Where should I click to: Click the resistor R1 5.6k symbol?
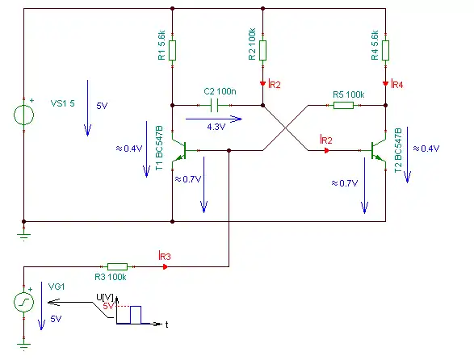click(x=172, y=51)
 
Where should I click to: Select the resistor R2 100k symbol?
click(x=262, y=51)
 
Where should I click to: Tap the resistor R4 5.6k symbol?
click(x=385, y=51)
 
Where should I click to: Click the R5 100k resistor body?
click(x=343, y=105)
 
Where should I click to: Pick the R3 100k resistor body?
click(x=117, y=266)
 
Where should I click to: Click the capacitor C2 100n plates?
click(x=214, y=106)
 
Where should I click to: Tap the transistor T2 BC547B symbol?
click(x=378, y=150)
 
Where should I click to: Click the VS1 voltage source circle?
click(x=24, y=115)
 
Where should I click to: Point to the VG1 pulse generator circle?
click(x=24, y=302)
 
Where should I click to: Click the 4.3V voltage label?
click(x=216, y=127)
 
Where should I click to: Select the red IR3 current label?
click(x=165, y=256)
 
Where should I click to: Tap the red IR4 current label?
click(x=397, y=84)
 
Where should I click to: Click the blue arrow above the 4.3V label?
click(x=214, y=119)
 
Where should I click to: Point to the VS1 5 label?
click(x=62, y=103)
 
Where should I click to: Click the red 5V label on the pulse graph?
click(x=108, y=306)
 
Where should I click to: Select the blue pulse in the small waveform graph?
click(x=136, y=315)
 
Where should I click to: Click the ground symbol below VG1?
click(x=24, y=346)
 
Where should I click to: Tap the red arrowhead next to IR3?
click(x=165, y=266)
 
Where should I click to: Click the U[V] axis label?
click(x=105, y=297)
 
